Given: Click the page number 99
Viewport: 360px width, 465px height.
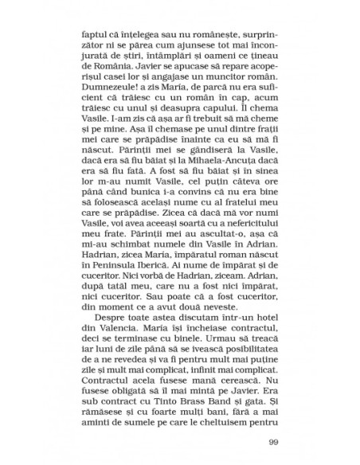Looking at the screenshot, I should [272, 443].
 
